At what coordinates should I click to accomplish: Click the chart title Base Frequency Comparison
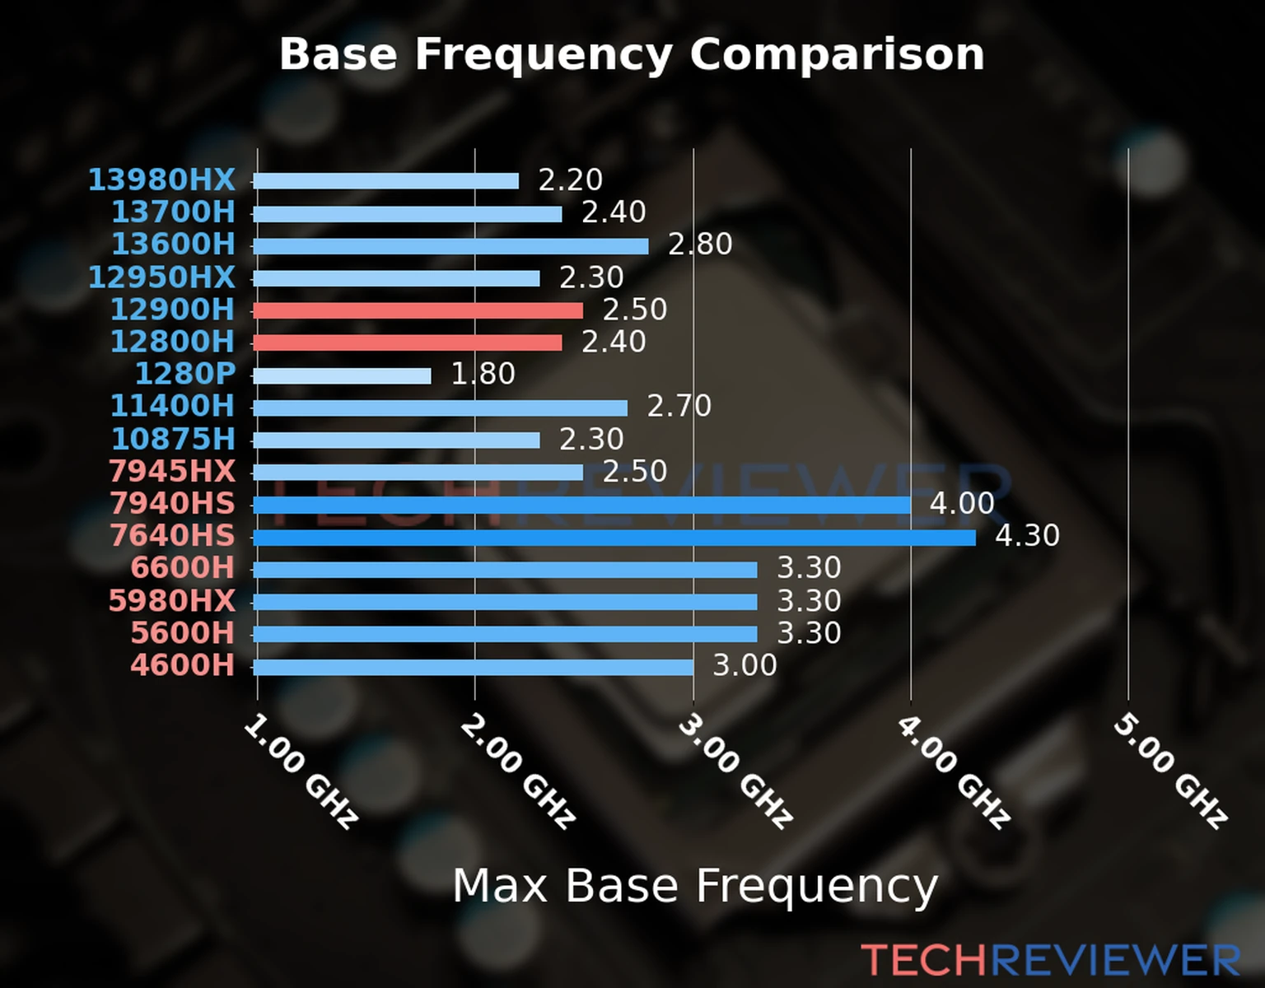tap(632, 54)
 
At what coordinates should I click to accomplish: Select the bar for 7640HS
tap(614, 538)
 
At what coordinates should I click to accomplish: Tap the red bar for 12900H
tap(418, 310)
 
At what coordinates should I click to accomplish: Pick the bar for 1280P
tap(342, 375)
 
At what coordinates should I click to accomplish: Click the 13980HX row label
tap(161, 179)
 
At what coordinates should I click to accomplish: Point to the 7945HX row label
tap(172, 471)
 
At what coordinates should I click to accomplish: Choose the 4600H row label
tap(183, 664)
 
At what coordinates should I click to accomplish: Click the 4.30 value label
tap(1027, 536)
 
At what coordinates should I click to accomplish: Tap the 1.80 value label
tap(483, 374)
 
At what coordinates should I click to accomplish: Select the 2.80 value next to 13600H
tap(699, 245)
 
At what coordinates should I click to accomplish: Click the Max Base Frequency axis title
tap(695, 886)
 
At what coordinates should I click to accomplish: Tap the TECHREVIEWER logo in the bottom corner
tap(1050, 961)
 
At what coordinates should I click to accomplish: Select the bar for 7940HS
tap(581, 505)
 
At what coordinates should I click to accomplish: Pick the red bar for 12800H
tap(408, 343)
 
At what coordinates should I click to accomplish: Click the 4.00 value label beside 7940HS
tap(962, 503)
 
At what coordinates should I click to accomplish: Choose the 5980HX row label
tap(172, 600)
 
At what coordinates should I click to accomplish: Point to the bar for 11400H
tap(440, 408)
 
